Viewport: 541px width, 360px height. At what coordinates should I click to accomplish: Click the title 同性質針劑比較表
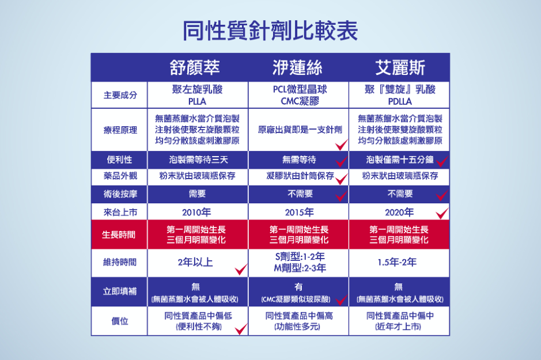pyautogui.click(x=270, y=31)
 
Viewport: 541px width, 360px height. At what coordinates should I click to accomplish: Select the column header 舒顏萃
pyautogui.click(x=195, y=67)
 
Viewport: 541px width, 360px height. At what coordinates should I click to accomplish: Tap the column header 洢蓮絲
pyautogui.click(x=297, y=67)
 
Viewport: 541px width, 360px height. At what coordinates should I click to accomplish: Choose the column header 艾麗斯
pyautogui.click(x=400, y=67)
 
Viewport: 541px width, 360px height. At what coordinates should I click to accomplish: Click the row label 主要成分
pyautogui.click(x=120, y=95)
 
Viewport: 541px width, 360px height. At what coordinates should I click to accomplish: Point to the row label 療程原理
pyautogui.click(x=120, y=130)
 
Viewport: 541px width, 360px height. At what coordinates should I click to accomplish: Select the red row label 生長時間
pyautogui.click(x=119, y=235)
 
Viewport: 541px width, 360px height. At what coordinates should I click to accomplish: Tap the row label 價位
pyautogui.click(x=120, y=321)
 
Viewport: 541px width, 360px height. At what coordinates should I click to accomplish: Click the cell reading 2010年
pyautogui.click(x=196, y=212)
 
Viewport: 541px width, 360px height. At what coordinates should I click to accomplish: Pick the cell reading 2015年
pyautogui.click(x=299, y=212)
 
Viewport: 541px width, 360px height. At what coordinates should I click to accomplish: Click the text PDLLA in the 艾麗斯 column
pyautogui.click(x=400, y=101)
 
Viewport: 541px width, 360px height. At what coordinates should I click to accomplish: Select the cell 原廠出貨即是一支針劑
pyautogui.click(x=300, y=130)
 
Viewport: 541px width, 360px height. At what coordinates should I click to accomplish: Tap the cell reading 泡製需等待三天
pyautogui.click(x=198, y=160)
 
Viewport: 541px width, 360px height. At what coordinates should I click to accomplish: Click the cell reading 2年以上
pyautogui.click(x=195, y=262)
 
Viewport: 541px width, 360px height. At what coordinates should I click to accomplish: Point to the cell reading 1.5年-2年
pyautogui.click(x=397, y=262)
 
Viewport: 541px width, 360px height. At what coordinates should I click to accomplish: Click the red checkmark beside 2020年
pyautogui.click(x=442, y=213)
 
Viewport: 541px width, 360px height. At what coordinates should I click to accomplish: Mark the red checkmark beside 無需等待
pyautogui.click(x=341, y=161)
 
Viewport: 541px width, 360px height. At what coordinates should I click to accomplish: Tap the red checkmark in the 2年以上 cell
pyautogui.click(x=241, y=270)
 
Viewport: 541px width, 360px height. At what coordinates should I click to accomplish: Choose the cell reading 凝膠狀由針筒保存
pyautogui.click(x=300, y=176)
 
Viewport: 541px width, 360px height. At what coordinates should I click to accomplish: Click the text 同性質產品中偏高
pyautogui.click(x=299, y=316)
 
